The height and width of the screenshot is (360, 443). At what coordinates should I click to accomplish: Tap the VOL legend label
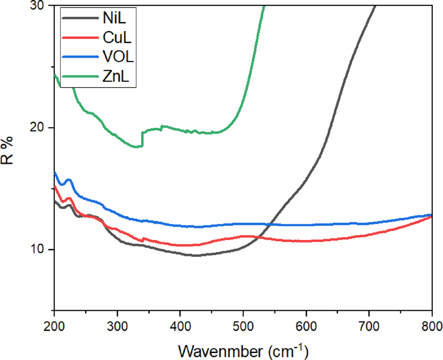(x=116, y=57)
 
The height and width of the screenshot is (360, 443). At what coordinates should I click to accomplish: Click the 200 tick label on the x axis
(x=54, y=326)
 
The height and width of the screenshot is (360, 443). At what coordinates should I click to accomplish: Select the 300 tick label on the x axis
(x=117, y=326)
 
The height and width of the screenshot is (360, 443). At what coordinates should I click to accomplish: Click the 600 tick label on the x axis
(x=306, y=326)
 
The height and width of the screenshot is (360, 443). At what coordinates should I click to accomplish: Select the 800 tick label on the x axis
(x=431, y=326)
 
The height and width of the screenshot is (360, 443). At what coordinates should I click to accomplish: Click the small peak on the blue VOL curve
(x=69, y=180)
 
